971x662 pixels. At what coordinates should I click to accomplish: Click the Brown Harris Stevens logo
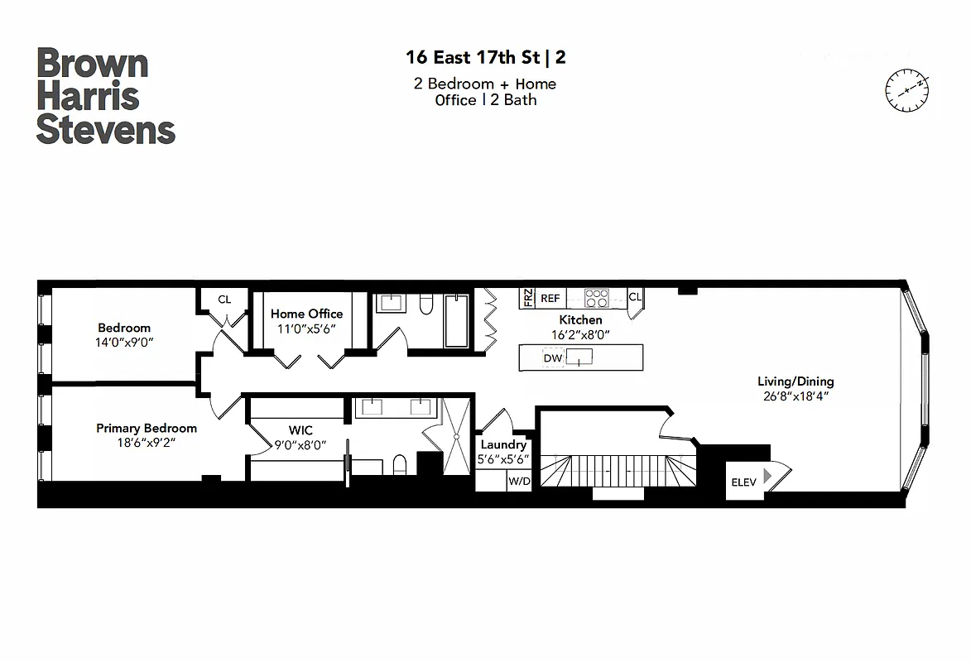[105, 96]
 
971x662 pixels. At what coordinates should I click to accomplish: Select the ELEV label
[743, 482]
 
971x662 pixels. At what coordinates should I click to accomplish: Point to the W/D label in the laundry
[519, 481]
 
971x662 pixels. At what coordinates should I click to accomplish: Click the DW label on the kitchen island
[552, 358]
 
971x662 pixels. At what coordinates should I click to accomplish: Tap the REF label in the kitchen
[550, 298]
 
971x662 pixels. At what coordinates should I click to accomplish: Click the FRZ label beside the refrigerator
[527, 298]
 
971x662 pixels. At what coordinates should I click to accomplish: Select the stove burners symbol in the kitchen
[596, 298]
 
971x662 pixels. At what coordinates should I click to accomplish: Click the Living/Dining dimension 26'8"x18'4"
[795, 396]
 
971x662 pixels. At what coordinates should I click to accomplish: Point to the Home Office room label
[306, 314]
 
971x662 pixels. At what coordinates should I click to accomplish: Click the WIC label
[300, 430]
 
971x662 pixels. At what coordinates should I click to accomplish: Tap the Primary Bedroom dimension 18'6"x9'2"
[147, 443]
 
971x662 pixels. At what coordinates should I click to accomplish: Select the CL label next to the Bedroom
[224, 300]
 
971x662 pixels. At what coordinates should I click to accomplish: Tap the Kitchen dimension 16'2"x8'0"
[580, 334]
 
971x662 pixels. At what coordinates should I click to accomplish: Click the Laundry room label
[503, 444]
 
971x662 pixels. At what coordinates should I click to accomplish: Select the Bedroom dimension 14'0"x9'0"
[124, 342]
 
